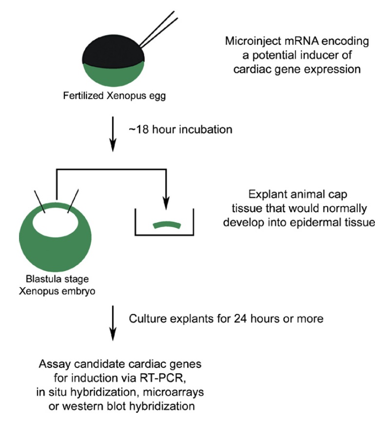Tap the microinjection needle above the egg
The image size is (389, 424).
pos(158,29)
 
